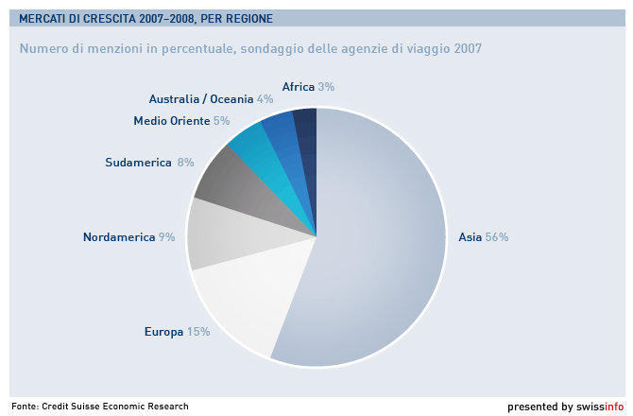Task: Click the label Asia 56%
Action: click(483, 237)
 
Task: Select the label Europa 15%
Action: click(177, 332)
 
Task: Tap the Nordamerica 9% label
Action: click(128, 237)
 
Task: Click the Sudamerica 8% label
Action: click(149, 163)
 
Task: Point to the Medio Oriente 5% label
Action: click(181, 121)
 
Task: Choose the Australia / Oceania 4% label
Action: click(211, 99)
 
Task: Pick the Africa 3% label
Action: click(308, 87)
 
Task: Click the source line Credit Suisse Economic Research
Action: click(114, 407)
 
